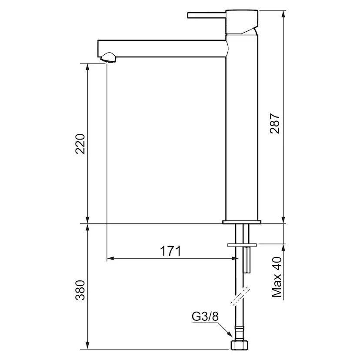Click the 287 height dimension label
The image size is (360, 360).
pyautogui.click(x=275, y=123)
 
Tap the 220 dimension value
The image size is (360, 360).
pyautogui.click(x=80, y=144)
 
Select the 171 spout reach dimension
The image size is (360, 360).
pyautogui.click(x=170, y=251)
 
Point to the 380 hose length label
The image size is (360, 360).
pyautogui.click(x=80, y=290)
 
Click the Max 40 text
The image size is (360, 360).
pyautogui.click(x=277, y=277)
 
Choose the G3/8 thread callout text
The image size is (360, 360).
pyautogui.click(x=205, y=317)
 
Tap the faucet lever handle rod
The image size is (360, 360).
pyautogui.click(x=207, y=15)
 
